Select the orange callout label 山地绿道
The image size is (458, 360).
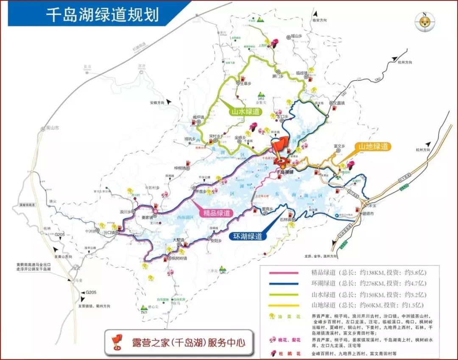(x=373, y=146)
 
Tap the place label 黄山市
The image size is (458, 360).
(x=53, y=128)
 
